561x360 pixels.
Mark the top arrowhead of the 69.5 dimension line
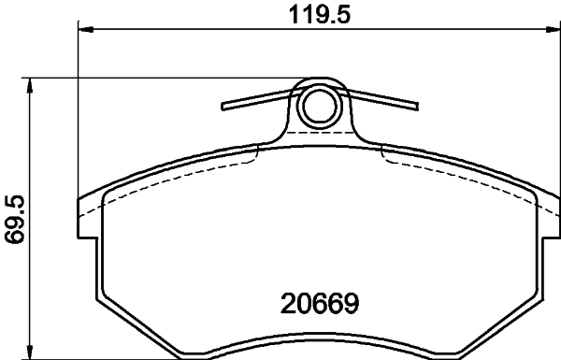[32, 85]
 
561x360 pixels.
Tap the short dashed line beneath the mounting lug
[320, 134]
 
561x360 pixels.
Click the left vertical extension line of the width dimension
[78, 112]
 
